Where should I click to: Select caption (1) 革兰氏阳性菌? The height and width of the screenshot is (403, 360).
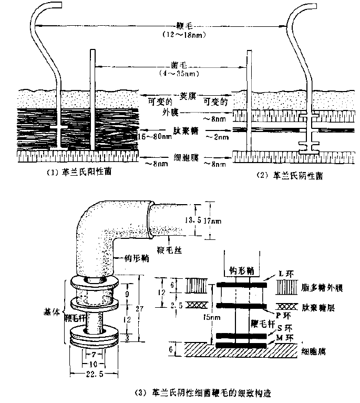click(x=75, y=173)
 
